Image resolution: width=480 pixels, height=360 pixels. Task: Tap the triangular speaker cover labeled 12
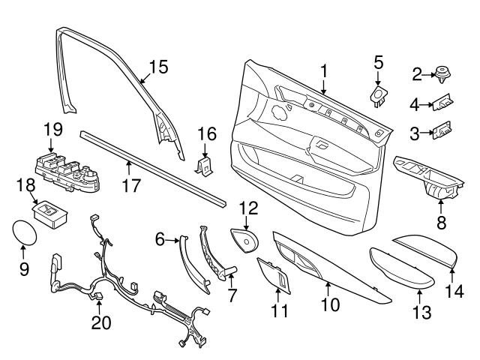click(x=244, y=239)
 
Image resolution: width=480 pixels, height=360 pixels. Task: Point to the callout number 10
click(x=329, y=305)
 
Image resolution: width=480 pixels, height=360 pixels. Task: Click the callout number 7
click(x=232, y=295)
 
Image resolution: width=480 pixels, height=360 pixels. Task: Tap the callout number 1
click(x=324, y=71)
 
